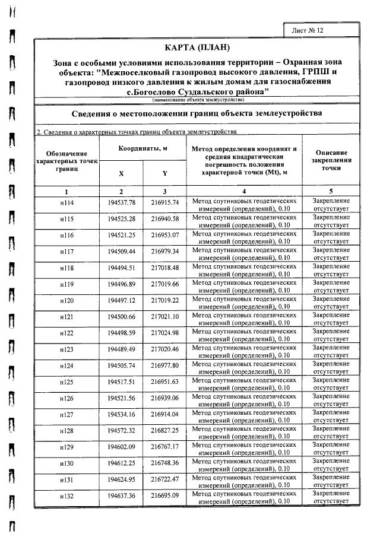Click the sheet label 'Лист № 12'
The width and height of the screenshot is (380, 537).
click(308, 30)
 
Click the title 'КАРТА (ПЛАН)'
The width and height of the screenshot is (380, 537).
click(197, 47)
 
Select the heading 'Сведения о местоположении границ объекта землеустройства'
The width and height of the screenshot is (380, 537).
click(197, 113)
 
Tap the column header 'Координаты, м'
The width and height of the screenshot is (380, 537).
click(142, 148)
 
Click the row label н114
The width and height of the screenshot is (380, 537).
click(66, 203)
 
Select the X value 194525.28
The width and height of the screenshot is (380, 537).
click(122, 220)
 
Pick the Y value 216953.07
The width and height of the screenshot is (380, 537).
click(164, 236)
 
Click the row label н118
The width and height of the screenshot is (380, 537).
click(66, 268)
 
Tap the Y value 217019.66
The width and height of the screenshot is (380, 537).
click(164, 284)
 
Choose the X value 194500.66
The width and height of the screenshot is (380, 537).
click(122, 317)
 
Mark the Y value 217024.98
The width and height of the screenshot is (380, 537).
click(164, 333)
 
